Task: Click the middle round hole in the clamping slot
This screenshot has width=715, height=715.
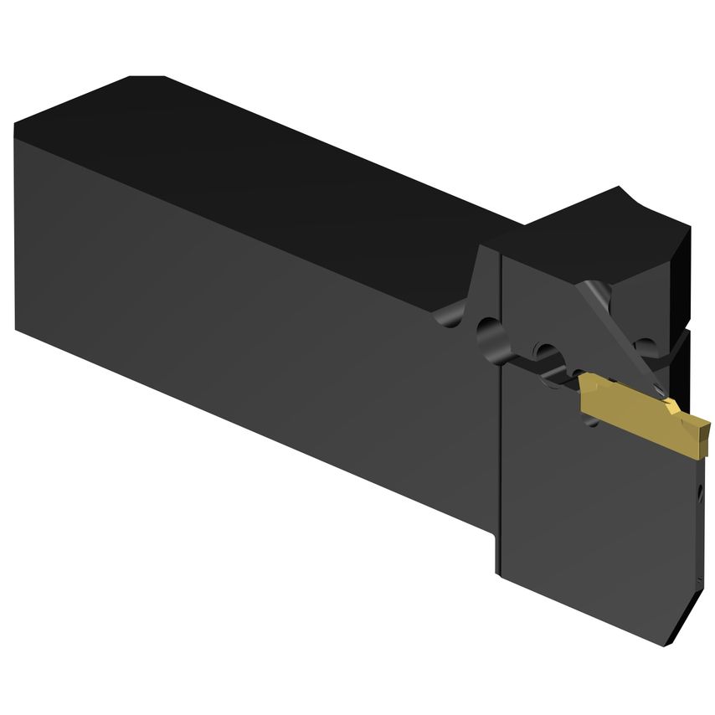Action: tap(548, 352)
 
